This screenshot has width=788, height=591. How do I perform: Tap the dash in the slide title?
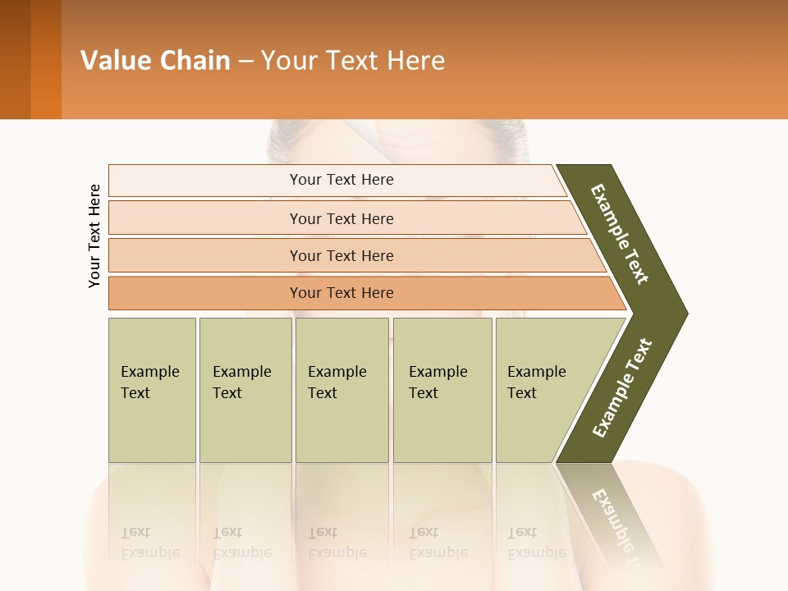pyautogui.click(x=245, y=62)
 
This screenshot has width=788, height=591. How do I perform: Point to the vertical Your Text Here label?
pyautogui.click(x=94, y=236)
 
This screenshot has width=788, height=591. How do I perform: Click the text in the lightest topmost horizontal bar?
pyautogui.click(x=341, y=180)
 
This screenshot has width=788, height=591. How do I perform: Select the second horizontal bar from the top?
pyautogui.click(x=341, y=218)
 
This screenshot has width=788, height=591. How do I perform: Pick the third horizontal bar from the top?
pyautogui.click(x=341, y=255)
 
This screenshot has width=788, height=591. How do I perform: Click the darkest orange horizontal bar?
pyautogui.click(x=341, y=293)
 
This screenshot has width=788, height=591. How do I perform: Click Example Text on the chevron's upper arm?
pyautogui.click(x=620, y=234)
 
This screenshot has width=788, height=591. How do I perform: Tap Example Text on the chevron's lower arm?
pyautogui.click(x=622, y=388)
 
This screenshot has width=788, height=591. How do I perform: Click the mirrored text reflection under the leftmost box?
pyautogui.click(x=149, y=542)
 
